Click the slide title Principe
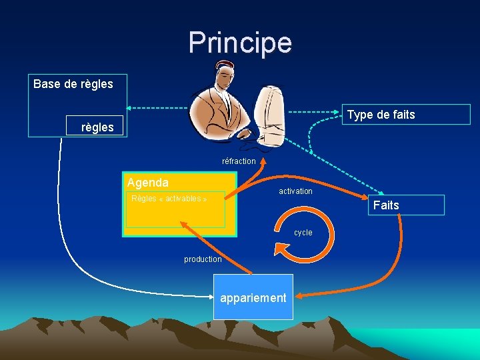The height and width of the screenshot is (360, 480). (x=240, y=43)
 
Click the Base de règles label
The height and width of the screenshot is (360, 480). (x=73, y=84)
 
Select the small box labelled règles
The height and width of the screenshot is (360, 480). (x=97, y=127)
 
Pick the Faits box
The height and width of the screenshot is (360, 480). (x=405, y=205)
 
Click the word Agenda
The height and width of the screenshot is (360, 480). (x=147, y=183)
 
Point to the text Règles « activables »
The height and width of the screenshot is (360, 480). (x=169, y=199)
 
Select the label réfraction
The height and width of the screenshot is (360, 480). (x=239, y=161)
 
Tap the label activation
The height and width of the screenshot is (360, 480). (x=295, y=191)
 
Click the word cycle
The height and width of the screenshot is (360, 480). (x=303, y=233)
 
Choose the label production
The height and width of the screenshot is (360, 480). (x=203, y=259)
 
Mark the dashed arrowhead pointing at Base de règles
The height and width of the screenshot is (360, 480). (x=130, y=108)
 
